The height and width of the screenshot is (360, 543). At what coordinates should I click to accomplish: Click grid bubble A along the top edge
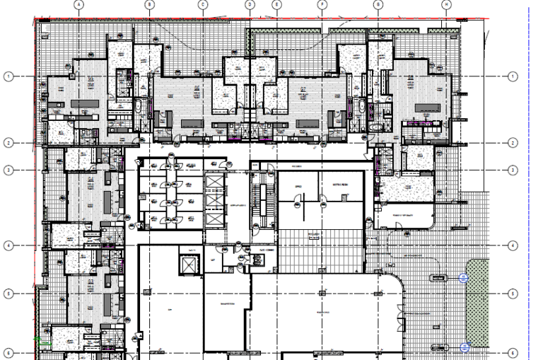(x=79, y=4)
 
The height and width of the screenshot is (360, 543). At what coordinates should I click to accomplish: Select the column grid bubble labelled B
(x=149, y=4)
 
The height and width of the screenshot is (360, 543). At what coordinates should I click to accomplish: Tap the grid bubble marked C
(x=203, y=4)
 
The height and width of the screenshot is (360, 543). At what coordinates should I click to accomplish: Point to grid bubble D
(x=250, y=4)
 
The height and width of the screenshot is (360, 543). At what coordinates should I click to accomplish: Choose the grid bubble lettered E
(x=276, y=4)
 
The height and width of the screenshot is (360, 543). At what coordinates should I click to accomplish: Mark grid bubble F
(x=322, y=4)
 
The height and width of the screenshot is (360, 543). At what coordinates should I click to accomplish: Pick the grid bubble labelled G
(x=378, y=4)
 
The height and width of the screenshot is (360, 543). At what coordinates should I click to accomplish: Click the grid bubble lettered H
(x=447, y=4)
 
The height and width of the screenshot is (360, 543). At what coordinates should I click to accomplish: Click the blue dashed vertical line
(x=529, y=177)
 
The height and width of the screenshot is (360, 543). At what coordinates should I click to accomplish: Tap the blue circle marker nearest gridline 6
(x=465, y=347)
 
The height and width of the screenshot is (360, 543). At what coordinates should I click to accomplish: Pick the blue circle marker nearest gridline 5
(x=464, y=277)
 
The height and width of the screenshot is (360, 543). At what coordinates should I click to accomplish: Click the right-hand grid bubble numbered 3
(x=513, y=170)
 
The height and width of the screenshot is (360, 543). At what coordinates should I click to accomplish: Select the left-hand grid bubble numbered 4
(x=9, y=245)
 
